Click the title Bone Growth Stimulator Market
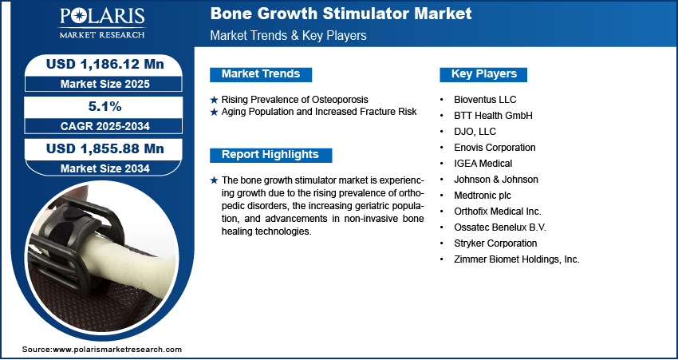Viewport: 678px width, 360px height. click(340, 14)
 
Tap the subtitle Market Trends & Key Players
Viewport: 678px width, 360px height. click(289, 36)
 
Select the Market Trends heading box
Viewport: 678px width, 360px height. click(260, 74)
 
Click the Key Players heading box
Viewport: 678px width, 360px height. click(483, 74)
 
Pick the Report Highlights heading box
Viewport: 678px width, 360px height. click(270, 155)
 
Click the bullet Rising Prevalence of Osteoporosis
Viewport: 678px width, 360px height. click(294, 99)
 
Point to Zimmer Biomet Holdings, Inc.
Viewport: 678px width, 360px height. click(515, 259)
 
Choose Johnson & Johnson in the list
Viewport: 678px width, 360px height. click(495, 180)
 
